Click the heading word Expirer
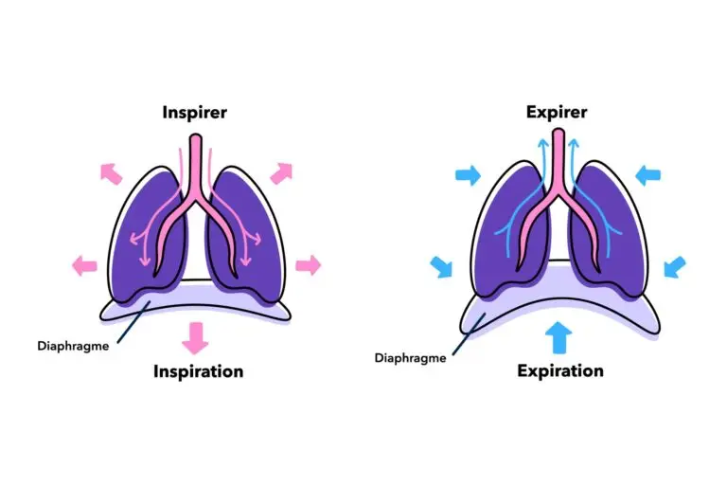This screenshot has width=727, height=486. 557,113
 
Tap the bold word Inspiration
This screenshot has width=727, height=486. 198,371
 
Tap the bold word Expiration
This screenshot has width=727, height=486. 560,370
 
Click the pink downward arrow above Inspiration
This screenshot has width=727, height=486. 196,337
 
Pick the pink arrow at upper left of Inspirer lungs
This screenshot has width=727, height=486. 110,174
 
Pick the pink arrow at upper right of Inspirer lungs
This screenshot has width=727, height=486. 282,174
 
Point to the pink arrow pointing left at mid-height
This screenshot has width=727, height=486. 83,263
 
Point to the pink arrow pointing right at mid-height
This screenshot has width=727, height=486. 308,263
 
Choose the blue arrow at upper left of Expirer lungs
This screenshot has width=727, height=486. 468,174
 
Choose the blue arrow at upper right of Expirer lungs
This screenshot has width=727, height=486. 648,174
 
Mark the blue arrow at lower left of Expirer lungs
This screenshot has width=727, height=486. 441,266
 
